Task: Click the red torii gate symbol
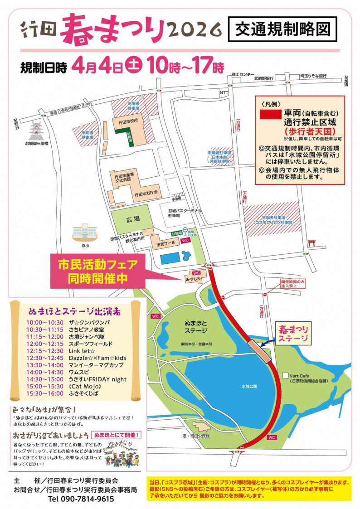[x=311, y=243]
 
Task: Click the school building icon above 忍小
[x=83, y=232]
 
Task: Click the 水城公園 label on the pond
[x=249, y=386]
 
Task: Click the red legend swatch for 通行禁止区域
[x=270, y=113]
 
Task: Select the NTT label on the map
[x=224, y=93]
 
